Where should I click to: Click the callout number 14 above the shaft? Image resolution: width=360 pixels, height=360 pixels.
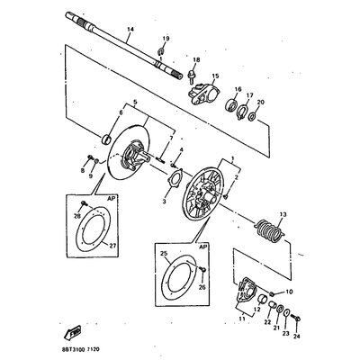[130, 31]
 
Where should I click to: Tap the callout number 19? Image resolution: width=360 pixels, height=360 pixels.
[166, 39]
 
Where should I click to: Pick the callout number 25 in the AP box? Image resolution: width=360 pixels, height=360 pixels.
[165, 255]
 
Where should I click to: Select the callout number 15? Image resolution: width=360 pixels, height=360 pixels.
[215, 77]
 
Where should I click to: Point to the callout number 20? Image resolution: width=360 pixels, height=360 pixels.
[260, 103]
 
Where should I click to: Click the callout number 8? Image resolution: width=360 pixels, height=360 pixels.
[82, 168]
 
